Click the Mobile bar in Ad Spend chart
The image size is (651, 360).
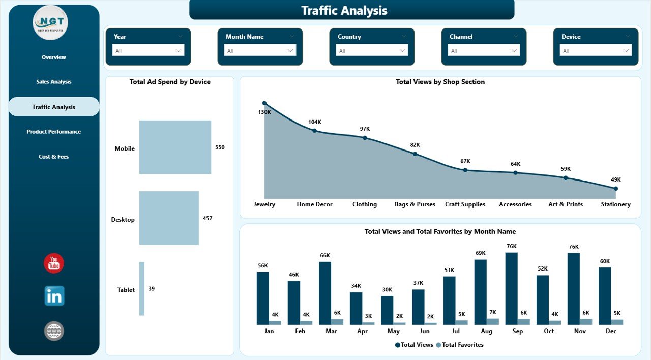tap(175, 147)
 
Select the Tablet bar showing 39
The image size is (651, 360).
tap(142, 288)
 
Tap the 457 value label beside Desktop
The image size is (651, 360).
tap(208, 218)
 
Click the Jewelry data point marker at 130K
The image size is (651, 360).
tap(264, 103)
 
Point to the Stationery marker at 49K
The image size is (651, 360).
tap(615, 189)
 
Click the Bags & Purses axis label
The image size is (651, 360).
tap(415, 204)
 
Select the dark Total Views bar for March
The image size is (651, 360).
tap(325, 293)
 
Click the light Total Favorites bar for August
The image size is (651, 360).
tap(493, 321)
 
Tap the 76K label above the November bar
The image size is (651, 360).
tap(574, 247)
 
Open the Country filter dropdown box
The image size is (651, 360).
tap(372, 51)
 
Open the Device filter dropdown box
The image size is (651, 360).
tap(596, 51)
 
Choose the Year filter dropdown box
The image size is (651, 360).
tap(148, 51)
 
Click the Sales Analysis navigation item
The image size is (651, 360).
tap(54, 82)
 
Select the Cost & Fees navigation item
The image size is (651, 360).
tap(54, 157)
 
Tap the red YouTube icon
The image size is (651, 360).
tap(54, 263)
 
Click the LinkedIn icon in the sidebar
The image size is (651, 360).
tap(54, 296)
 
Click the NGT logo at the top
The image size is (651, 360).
tap(50, 23)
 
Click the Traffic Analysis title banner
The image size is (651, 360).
tap(351, 10)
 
